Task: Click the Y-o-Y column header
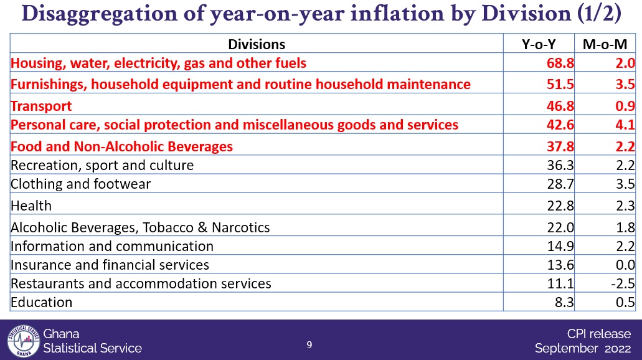click(539, 44)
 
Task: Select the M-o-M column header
click(605, 44)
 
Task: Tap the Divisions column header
click(257, 44)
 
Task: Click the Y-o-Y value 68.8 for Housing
click(560, 63)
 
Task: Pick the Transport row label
click(41, 106)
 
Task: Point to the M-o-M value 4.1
click(625, 125)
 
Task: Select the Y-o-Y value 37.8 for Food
click(560, 146)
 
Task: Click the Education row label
click(41, 302)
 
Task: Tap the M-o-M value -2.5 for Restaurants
click(622, 283)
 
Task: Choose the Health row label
click(31, 206)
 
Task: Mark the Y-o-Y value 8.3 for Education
click(564, 302)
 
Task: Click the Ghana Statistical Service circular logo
click(23, 341)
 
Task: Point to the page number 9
click(309, 345)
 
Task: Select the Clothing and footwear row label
click(81, 184)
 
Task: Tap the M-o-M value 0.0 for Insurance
click(625, 265)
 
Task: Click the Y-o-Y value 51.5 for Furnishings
click(560, 84)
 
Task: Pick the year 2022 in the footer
click(618, 349)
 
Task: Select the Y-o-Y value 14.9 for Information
click(560, 246)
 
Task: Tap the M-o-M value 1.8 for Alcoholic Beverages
click(625, 227)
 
